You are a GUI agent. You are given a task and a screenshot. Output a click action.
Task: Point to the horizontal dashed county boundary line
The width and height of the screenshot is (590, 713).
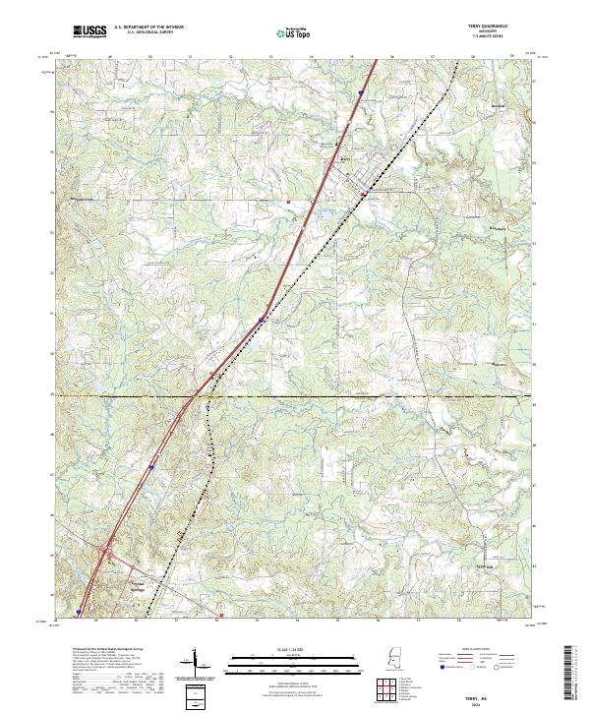point(393,395)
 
